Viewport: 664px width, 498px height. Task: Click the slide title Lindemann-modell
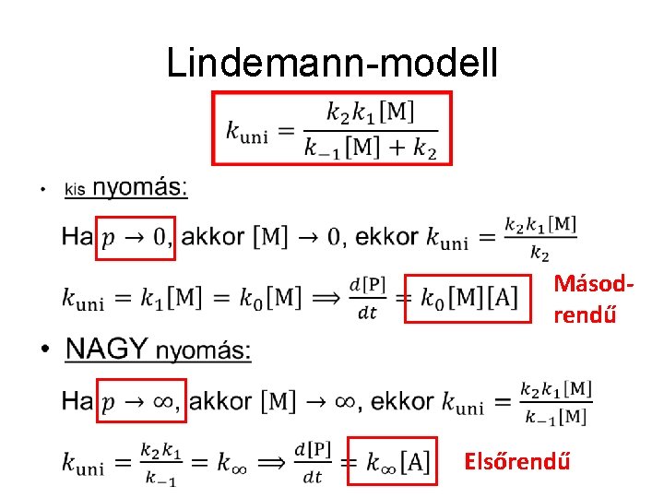332,63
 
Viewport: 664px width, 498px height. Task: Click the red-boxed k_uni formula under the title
331,127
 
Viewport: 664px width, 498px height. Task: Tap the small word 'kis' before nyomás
75,190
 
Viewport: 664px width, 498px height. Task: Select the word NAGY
107,350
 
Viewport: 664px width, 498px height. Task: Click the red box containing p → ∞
141,401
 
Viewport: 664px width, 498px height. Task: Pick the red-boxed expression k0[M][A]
469,297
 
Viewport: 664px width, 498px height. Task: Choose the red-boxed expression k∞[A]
390,460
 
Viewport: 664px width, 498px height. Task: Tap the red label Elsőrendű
517,459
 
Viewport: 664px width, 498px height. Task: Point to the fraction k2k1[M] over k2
540,238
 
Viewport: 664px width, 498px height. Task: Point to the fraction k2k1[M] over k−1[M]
555,402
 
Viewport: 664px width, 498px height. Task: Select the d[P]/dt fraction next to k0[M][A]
368,297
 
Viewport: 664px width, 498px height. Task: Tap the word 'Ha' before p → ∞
78,401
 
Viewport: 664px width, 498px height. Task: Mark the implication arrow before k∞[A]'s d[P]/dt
271,460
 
